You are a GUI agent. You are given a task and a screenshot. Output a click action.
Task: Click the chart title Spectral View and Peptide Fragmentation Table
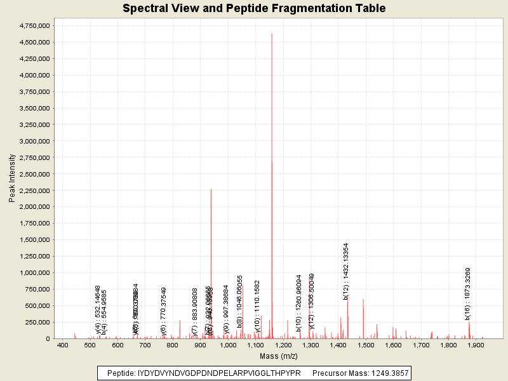[254, 8]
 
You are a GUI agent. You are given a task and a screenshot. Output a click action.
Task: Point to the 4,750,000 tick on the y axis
[31, 26]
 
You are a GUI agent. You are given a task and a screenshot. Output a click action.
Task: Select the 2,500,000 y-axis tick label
[31, 174]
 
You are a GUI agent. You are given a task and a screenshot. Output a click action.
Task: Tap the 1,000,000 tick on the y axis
[31, 273]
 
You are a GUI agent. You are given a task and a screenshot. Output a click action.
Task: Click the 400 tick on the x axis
[62, 345]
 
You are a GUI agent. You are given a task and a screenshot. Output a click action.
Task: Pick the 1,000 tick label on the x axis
[227, 345]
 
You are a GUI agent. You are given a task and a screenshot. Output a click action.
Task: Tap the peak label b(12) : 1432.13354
[346, 271]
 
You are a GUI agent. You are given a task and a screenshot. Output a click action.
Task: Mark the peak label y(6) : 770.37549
[163, 311]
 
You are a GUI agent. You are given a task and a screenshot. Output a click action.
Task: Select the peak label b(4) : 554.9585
[104, 312]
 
